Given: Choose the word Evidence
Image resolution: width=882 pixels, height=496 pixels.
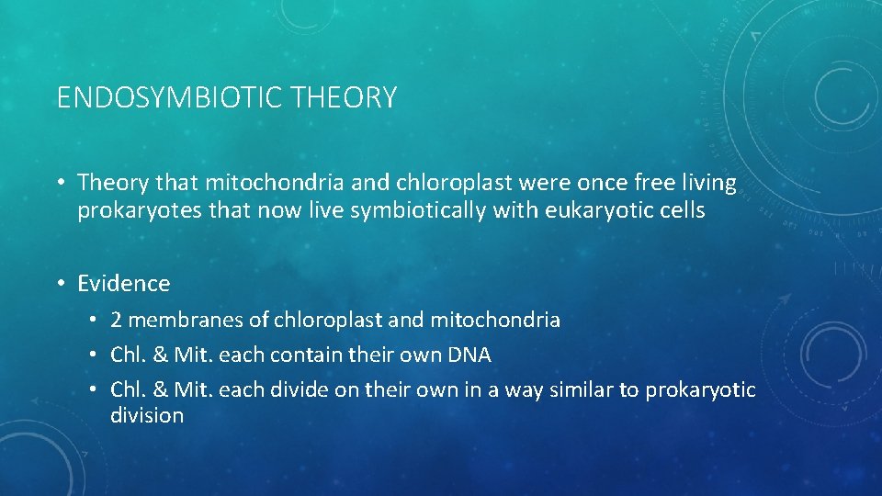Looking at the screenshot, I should point(124,284).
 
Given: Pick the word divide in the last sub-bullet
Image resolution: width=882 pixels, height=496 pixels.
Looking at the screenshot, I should point(301,389).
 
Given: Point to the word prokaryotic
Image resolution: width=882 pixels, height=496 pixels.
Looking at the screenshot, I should point(700,389).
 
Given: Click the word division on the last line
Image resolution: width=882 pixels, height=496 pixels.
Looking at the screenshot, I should point(147,415).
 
